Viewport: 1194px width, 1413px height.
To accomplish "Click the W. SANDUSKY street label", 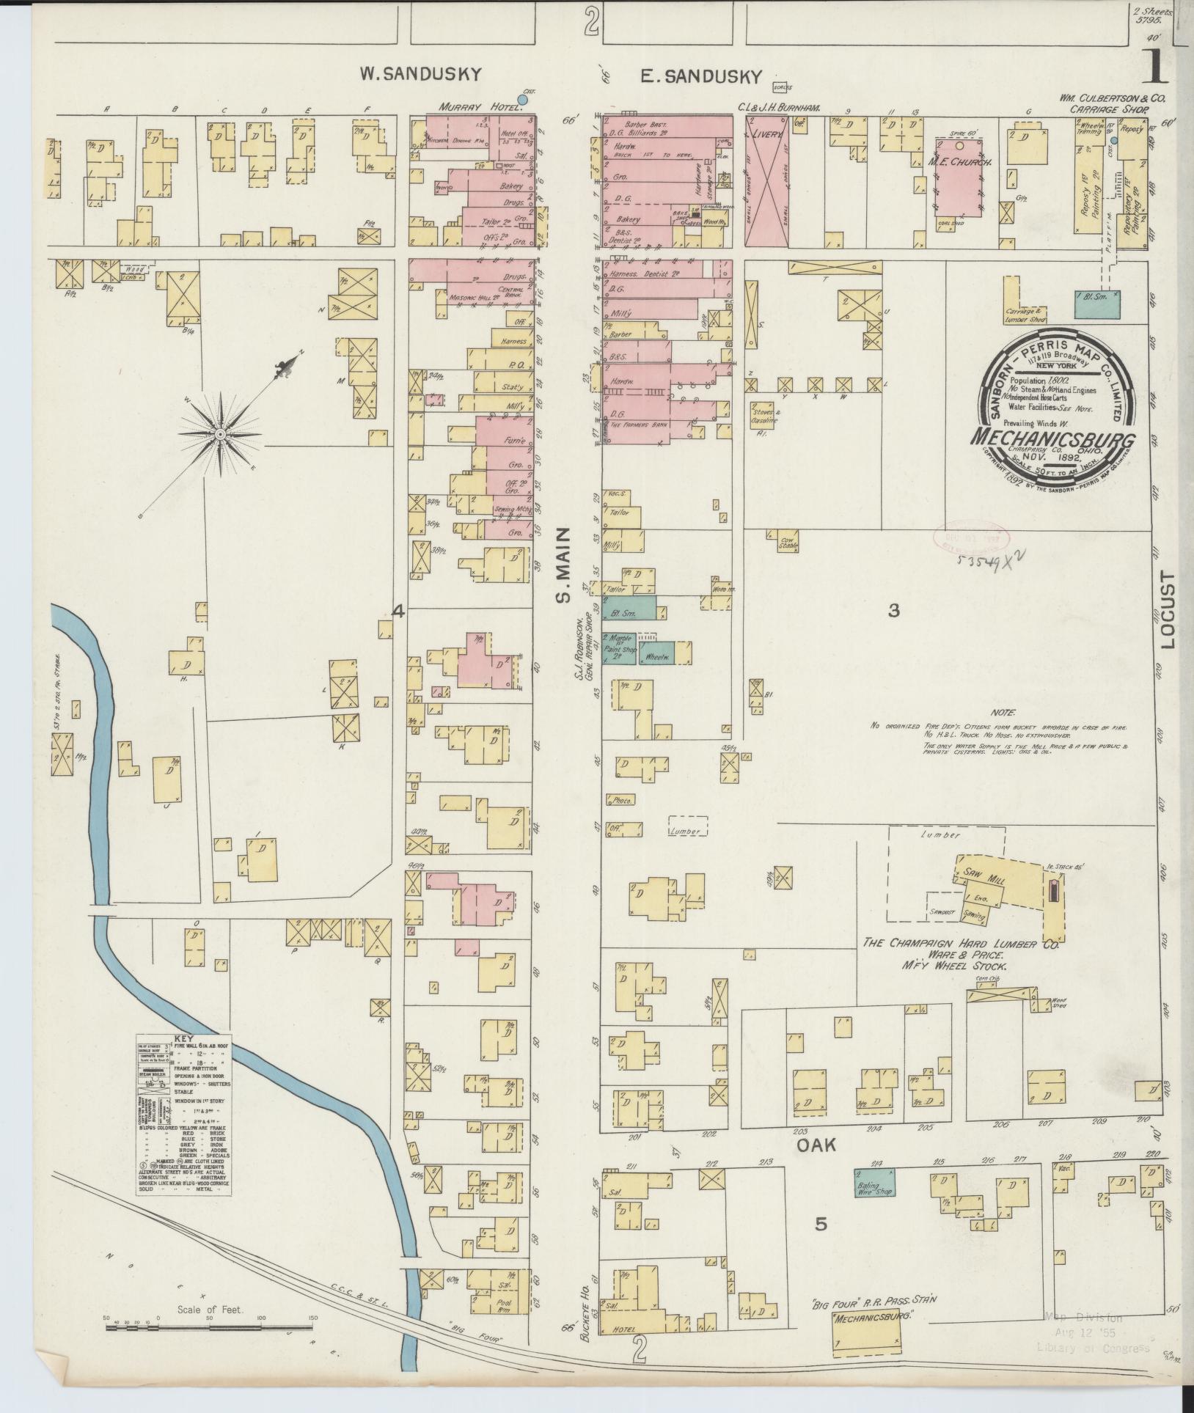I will pyautogui.click(x=420, y=73).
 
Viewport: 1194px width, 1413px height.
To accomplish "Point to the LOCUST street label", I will pyautogui.click(x=1168, y=610).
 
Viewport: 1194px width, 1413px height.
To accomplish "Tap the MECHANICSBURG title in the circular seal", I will pyautogui.click(x=1052, y=437).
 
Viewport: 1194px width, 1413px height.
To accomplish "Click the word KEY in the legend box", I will pyautogui.click(x=183, y=1038).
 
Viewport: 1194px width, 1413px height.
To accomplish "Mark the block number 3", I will pyautogui.click(x=893, y=611).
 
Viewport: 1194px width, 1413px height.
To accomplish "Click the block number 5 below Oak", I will pyautogui.click(x=821, y=1223).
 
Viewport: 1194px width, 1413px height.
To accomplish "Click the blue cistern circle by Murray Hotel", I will pyautogui.click(x=522, y=98).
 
